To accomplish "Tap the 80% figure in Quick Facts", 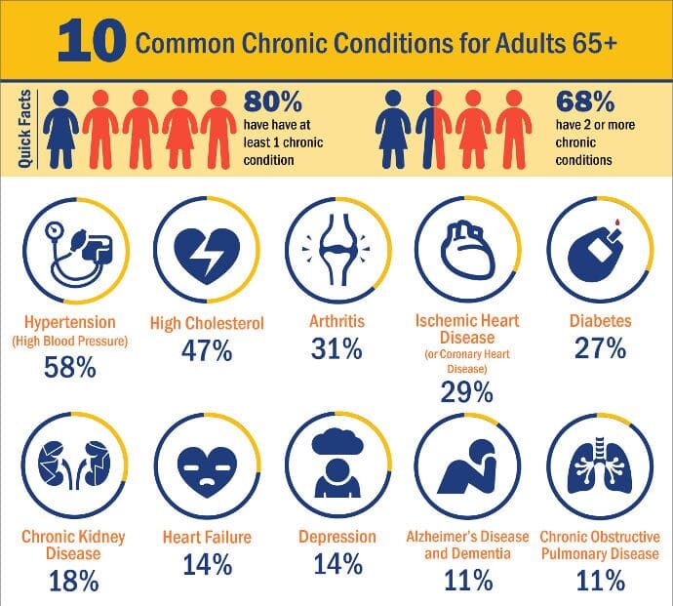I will pyautogui.click(x=272, y=101).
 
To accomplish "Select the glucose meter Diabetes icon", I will pyautogui.click(x=601, y=251).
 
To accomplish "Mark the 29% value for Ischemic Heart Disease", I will pyautogui.click(x=466, y=391).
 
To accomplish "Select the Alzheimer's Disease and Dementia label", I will pyautogui.click(x=466, y=545).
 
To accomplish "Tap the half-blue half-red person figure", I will pyautogui.click(x=430, y=129).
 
